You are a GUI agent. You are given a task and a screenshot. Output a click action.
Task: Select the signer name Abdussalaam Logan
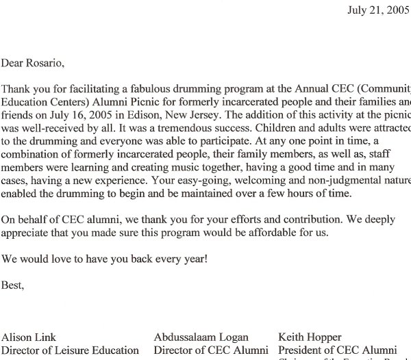click(x=201, y=337)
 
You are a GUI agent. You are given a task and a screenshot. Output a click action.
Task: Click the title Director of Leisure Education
click(x=70, y=350)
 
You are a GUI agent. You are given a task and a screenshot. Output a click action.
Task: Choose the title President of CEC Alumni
click(x=336, y=350)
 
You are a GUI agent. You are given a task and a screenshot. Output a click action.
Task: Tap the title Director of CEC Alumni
click(x=211, y=350)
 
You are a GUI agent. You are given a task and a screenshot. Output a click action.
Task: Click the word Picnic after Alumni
click(x=134, y=102)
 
